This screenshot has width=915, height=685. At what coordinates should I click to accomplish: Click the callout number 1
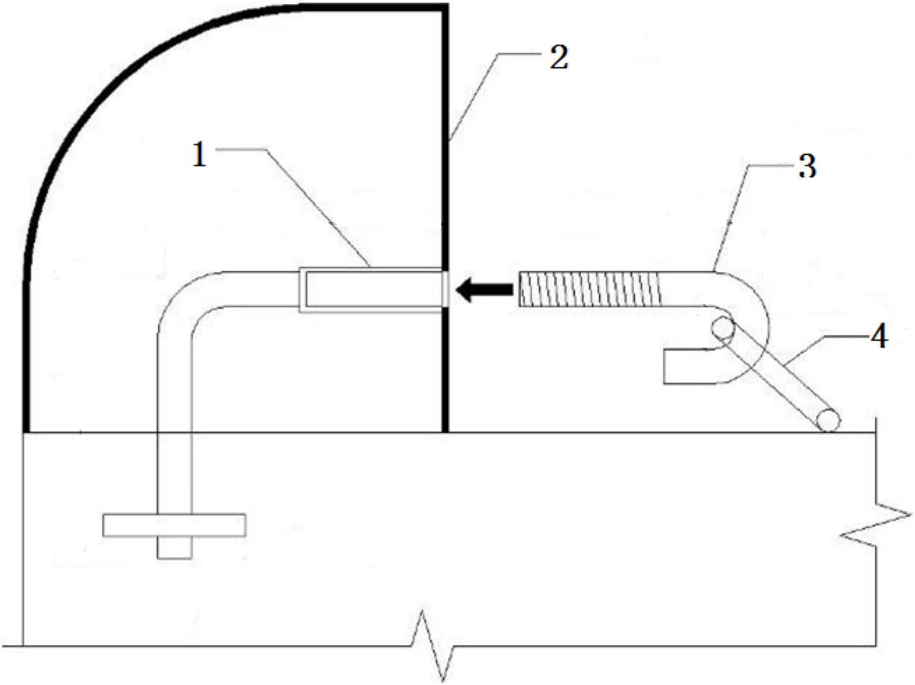200,155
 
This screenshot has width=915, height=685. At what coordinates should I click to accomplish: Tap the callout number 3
807,166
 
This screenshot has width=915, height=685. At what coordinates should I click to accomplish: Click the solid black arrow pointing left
484,290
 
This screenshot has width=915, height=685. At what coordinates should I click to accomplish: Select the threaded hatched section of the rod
590,289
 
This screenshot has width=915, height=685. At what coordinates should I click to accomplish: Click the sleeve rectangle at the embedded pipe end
371,290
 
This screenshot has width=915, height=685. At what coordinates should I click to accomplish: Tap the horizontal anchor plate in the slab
174,525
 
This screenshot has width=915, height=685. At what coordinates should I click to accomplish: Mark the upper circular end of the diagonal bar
723,328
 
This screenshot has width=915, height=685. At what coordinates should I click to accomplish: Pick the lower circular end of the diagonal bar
828,420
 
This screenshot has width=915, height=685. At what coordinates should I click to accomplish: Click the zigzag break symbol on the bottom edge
434,645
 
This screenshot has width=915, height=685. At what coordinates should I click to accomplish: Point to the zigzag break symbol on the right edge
875,525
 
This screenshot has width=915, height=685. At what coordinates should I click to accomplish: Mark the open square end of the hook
665,366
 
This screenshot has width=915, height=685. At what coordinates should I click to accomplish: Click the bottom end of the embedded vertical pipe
174,559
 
